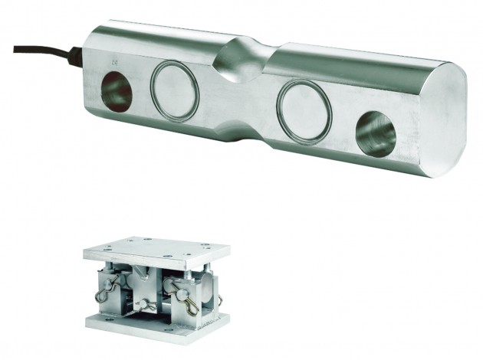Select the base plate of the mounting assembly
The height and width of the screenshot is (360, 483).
(157, 326)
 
